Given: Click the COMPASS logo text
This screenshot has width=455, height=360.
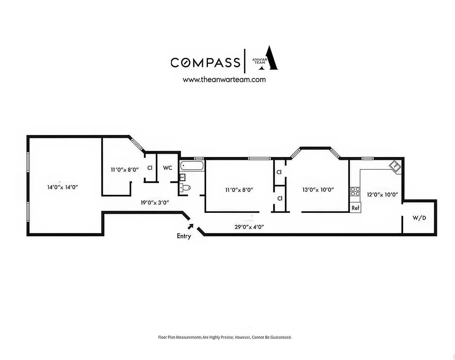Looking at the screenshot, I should (x=205, y=62).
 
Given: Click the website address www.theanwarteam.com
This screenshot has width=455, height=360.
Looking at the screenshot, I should (x=224, y=80).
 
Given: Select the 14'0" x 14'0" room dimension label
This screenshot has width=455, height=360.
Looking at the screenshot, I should (x=63, y=187).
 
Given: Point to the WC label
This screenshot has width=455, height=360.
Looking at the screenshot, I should (x=168, y=168).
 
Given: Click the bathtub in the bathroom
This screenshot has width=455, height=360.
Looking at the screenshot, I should (x=192, y=166).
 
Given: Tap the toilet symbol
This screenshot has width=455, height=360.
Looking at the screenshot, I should (x=185, y=187).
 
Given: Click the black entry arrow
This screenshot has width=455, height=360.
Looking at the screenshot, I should (x=190, y=226).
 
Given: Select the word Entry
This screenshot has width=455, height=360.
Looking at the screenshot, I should (x=184, y=236).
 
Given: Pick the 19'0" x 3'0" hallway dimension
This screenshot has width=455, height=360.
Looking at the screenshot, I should (x=155, y=203).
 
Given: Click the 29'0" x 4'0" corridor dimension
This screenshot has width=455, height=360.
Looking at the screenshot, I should (x=249, y=227).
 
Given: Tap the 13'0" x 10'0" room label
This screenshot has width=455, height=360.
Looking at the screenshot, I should (x=318, y=190).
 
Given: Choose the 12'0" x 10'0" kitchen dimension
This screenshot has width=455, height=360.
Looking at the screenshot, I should (x=382, y=194).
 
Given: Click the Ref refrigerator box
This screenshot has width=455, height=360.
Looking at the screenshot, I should (x=355, y=208).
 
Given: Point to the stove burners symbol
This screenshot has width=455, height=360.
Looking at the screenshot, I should (x=355, y=191).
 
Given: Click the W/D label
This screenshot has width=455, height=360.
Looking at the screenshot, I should (x=419, y=218).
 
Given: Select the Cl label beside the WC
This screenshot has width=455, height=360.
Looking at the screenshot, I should (x=150, y=168).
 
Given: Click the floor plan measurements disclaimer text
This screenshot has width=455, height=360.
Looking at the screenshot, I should (x=225, y=337).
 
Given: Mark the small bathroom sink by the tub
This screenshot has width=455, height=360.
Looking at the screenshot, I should (x=182, y=177).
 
